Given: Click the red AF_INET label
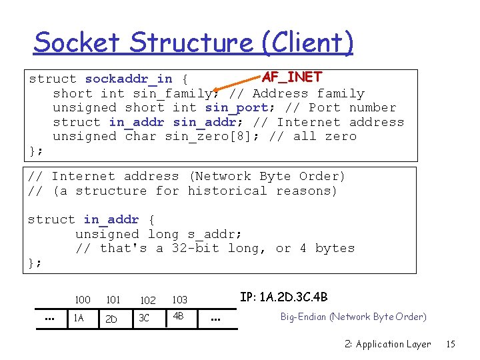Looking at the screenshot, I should (293, 77).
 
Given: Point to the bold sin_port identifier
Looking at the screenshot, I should (237, 108).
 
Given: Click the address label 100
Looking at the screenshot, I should (82, 301).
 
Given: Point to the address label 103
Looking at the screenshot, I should (179, 301).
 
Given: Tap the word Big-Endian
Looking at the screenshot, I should (303, 317).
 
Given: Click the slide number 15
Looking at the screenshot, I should (451, 344).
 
